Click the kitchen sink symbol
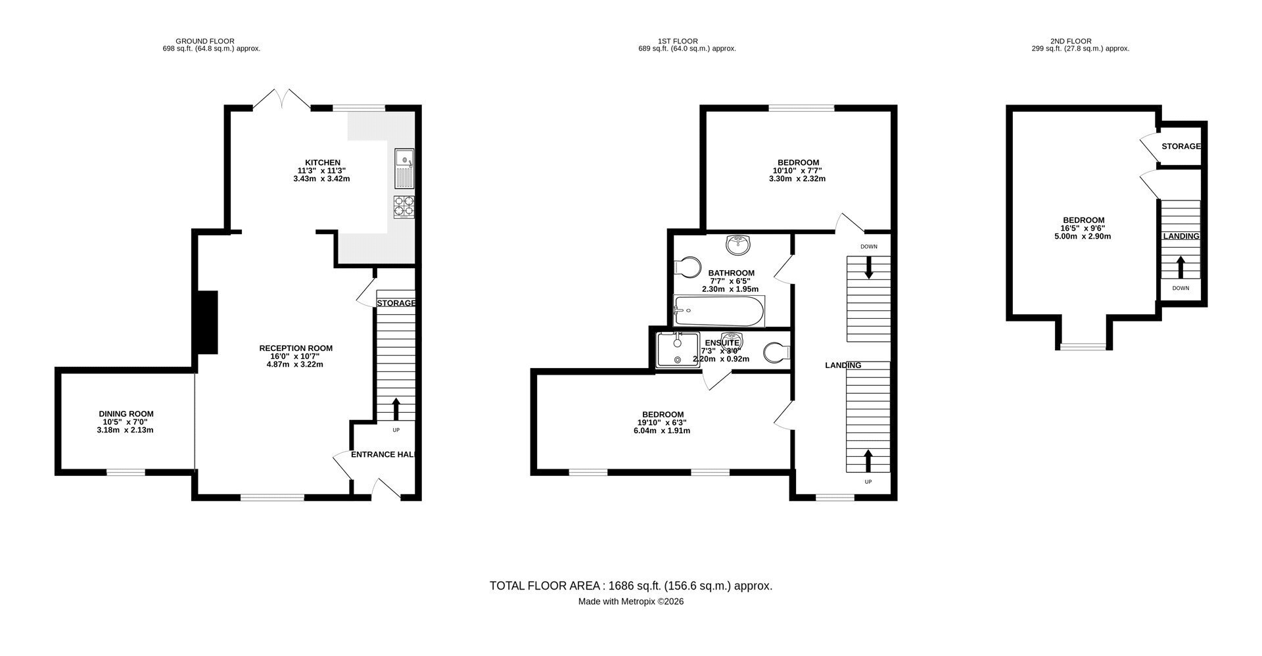pyautogui.click(x=404, y=168)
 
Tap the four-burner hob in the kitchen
pyautogui.click(x=404, y=206)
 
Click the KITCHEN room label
pyautogui.click(x=322, y=162)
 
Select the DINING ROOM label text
pyautogui.click(x=126, y=414)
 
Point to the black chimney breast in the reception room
pyautogui.click(x=208, y=323)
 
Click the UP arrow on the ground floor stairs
pyautogui.click(x=396, y=408)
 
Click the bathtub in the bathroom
pyautogui.click(x=720, y=311)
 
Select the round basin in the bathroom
pyautogui.click(x=739, y=245)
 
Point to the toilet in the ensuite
pyautogui.click(x=776, y=353)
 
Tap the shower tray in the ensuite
pyautogui.click(x=678, y=349)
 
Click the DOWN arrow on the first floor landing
pyautogui.click(x=868, y=267)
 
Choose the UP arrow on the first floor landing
pyautogui.click(x=868, y=460)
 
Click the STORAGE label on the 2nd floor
pyautogui.click(x=1181, y=146)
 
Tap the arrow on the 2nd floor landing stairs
pyautogui.click(x=1180, y=267)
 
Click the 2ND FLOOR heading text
pyautogui.click(x=1080, y=41)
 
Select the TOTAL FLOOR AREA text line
pyautogui.click(x=631, y=586)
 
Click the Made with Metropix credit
pyautogui.click(x=631, y=601)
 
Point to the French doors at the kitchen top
pyautogui.click(x=282, y=99)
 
